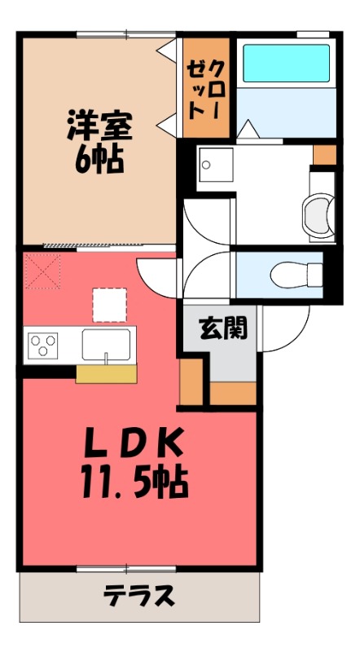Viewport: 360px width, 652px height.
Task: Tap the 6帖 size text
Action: [99, 158]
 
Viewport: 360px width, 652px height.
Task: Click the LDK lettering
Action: [134, 444]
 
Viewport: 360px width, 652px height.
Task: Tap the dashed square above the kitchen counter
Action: [109, 305]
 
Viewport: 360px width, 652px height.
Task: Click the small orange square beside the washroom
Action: [323, 153]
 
